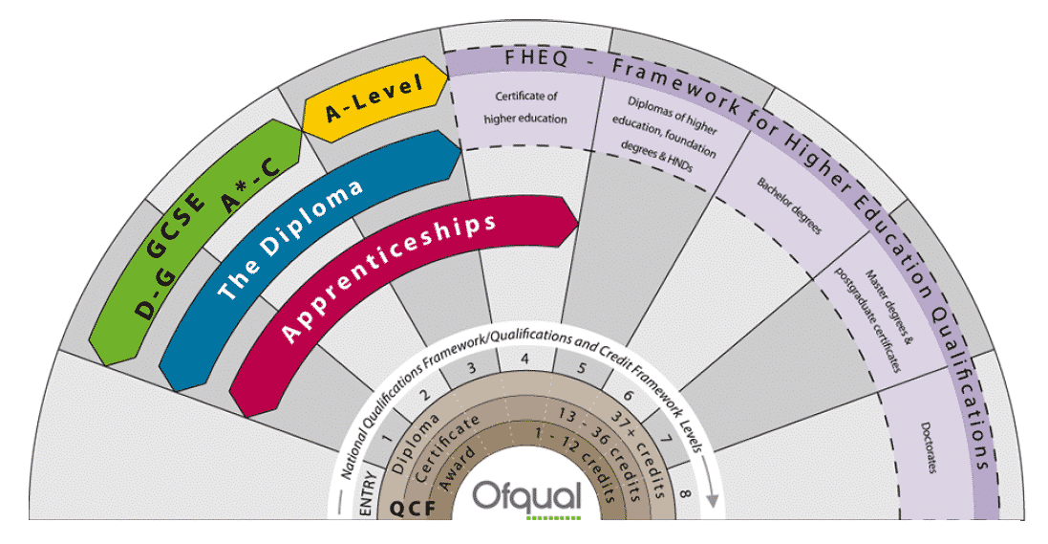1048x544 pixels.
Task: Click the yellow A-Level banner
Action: point(375,100)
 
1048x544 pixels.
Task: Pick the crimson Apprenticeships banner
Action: point(391,277)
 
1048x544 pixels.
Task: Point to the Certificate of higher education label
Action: point(524,107)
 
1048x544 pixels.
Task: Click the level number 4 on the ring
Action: point(525,359)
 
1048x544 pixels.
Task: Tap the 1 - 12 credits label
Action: point(582,460)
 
